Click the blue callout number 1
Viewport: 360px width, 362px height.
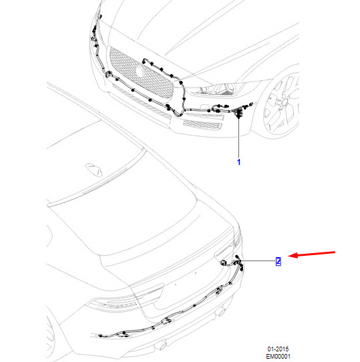click(x=238, y=162)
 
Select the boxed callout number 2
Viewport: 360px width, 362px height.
click(x=279, y=261)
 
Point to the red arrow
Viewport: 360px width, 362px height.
click(x=311, y=254)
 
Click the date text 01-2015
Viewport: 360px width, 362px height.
click(x=278, y=349)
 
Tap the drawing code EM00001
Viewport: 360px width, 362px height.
click(x=278, y=356)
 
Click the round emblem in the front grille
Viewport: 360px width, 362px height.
click(x=139, y=71)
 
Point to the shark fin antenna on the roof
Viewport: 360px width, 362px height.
click(x=94, y=169)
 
